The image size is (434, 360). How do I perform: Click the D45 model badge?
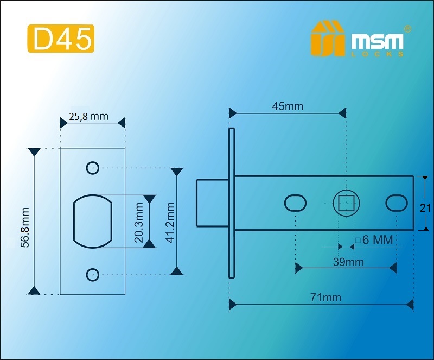[x=61, y=39]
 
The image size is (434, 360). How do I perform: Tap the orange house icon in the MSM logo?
[x=328, y=38]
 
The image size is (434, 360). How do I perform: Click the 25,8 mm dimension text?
[x=88, y=116]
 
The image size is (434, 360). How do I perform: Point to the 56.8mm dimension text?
[x=25, y=228]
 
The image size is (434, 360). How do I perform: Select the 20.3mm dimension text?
[x=138, y=223]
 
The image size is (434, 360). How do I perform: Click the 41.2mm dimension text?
[x=170, y=223]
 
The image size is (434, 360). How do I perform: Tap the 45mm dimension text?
[x=288, y=106]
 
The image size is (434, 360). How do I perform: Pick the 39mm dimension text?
[x=348, y=262]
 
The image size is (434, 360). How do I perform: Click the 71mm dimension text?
[x=326, y=298]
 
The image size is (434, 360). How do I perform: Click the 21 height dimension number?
[x=425, y=208]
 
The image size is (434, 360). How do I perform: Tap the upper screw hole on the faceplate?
[x=92, y=168]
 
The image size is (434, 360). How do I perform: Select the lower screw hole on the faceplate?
[x=92, y=275]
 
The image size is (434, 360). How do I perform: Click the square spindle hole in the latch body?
[x=346, y=203]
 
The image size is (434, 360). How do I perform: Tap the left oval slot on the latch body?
[x=295, y=203]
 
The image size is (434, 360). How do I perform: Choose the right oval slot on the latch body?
[x=397, y=203]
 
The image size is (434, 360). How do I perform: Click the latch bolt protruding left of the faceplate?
[x=213, y=203]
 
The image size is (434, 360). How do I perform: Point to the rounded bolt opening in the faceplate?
[x=93, y=221]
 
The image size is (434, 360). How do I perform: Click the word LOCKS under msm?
[x=377, y=54]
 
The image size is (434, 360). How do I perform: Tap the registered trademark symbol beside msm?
[x=408, y=29]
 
